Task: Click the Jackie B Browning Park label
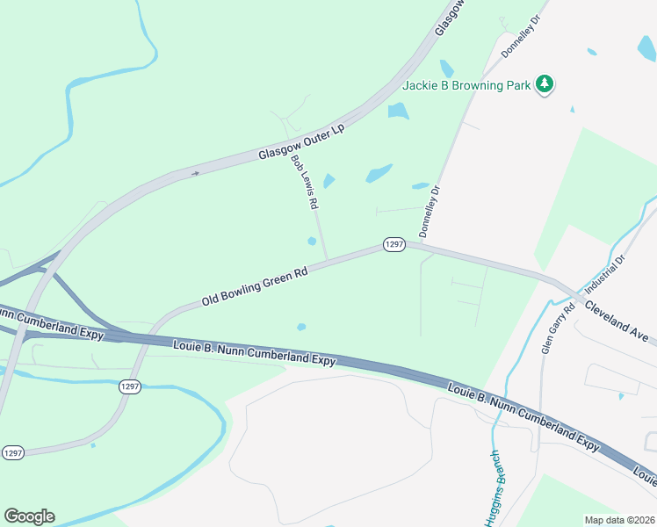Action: coord(467,85)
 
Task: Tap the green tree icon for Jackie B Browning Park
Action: coord(546,84)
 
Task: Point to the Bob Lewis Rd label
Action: coord(305,182)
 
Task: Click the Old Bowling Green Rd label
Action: coord(255,286)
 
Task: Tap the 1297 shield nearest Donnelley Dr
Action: coord(393,245)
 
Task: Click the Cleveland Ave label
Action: coord(617,322)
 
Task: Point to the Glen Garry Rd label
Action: coord(557,328)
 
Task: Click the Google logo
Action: coord(29,516)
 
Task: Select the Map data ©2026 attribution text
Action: coord(619,520)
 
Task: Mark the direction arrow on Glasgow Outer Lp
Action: coord(195,173)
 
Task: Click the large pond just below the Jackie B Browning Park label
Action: coord(399,111)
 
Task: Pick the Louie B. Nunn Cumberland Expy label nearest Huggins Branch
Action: coord(523,415)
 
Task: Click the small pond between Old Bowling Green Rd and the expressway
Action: coord(301,327)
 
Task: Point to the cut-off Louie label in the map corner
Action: coord(645,477)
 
